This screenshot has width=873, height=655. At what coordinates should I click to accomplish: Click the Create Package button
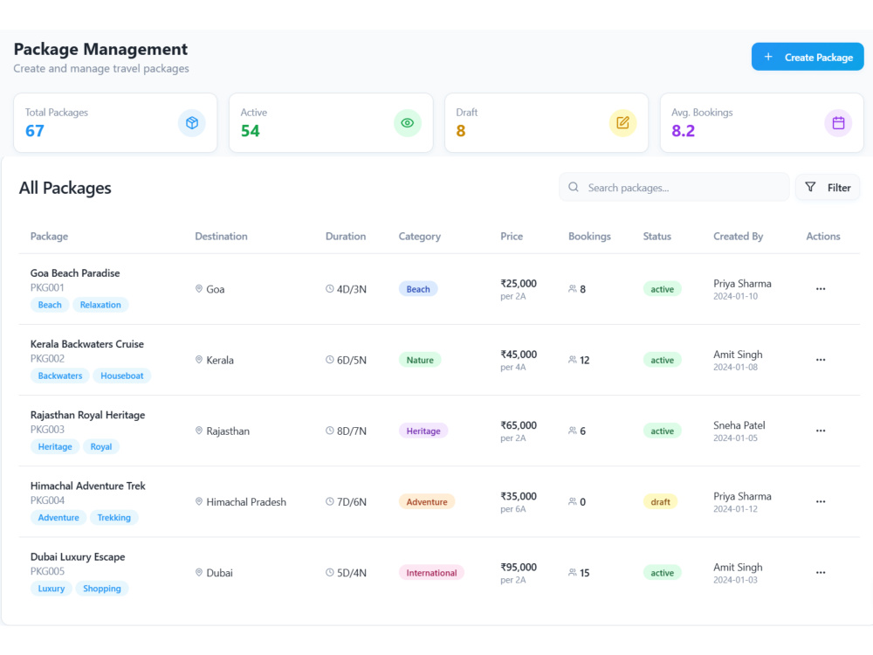point(808,57)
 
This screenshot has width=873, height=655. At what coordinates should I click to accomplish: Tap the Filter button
point(828,188)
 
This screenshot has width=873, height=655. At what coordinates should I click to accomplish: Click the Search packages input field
point(674,188)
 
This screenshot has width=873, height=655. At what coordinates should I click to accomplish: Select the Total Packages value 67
point(35,131)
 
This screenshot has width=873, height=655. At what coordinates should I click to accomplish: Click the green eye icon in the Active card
point(408,123)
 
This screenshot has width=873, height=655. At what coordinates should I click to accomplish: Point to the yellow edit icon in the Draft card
point(622,123)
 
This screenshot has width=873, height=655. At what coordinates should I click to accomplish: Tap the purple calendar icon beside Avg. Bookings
point(838,123)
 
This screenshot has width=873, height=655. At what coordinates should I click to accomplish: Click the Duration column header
point(346,236)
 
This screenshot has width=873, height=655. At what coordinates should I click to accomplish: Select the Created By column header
point(739,236)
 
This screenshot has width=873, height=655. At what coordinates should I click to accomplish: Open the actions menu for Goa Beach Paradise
point(821,288)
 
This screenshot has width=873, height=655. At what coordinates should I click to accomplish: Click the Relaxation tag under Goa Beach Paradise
point(100,305)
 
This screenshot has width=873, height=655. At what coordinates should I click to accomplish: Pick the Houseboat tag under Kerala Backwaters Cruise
point(122,376)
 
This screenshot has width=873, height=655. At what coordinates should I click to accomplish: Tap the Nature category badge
point(420,360)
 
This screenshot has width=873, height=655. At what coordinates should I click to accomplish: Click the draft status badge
point(660,502)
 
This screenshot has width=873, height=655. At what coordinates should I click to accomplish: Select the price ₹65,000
point(519,425)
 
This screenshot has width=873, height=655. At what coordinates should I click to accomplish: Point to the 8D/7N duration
point(351,431)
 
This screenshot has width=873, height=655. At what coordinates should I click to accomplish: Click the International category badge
point(431,573)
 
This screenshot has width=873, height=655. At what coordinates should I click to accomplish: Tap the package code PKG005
point(47,571)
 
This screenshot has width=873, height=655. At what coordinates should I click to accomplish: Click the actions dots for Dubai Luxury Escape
point(821,573)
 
